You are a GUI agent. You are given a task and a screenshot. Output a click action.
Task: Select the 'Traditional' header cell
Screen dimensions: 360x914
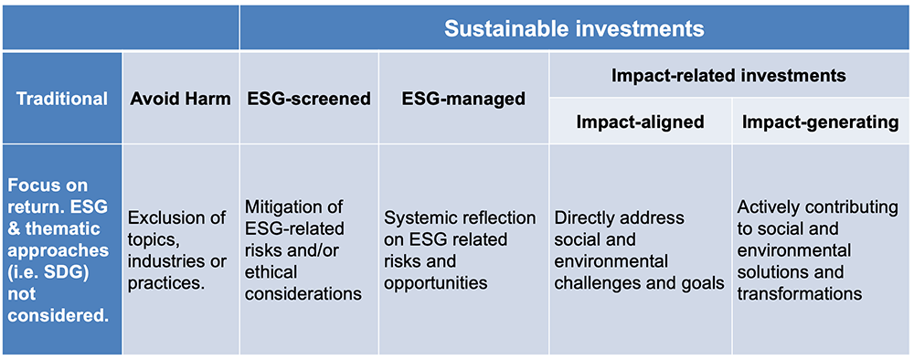coord(61,99)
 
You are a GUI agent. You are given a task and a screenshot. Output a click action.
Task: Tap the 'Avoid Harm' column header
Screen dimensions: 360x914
coord(180,99)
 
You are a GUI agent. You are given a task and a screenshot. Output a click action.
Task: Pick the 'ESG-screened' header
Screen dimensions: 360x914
coord(310,99)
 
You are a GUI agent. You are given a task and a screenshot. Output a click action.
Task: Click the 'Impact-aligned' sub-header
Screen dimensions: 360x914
coord(640,122)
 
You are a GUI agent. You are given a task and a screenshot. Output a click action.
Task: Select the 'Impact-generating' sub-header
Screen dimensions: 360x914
coord(820,122)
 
